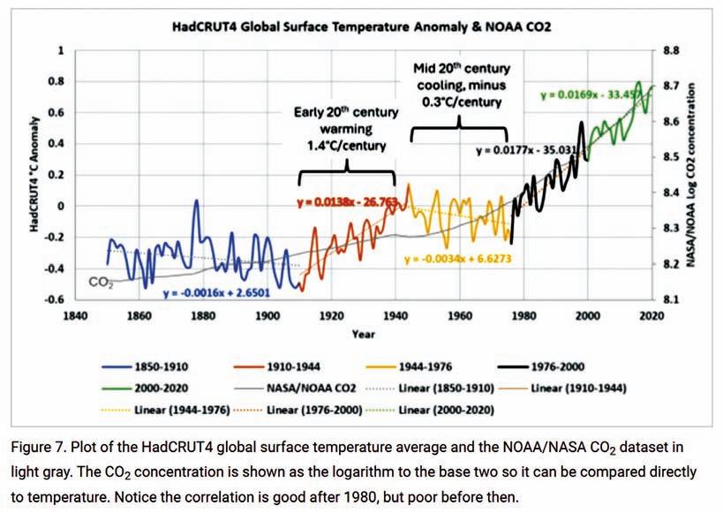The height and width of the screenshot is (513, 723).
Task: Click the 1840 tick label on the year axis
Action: (72, 314)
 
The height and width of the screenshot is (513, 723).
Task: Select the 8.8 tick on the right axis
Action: (668, 50)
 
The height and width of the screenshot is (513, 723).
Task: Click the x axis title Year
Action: (362, 335)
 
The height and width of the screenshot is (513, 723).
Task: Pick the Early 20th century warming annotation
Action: (347, 128)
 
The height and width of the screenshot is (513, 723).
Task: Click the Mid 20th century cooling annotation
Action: (459, 85)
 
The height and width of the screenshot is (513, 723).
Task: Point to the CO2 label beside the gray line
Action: (101, 283)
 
